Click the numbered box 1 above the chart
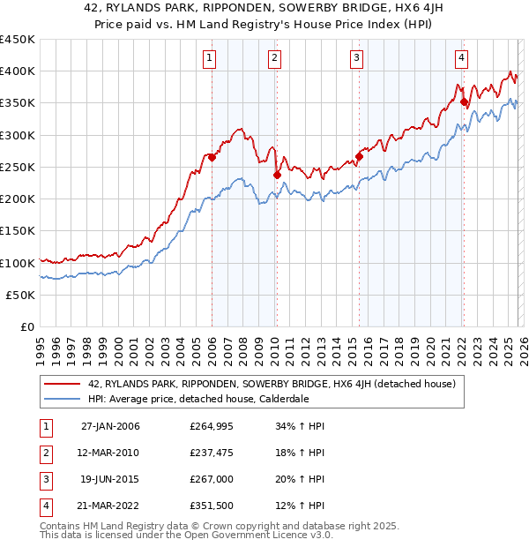coord(210,58)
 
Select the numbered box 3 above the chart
coord(357,58)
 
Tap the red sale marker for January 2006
coord(212,158)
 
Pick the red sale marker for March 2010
coord(277,175)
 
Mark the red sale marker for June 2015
coord(359,157)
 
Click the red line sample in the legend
coord(63,384)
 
